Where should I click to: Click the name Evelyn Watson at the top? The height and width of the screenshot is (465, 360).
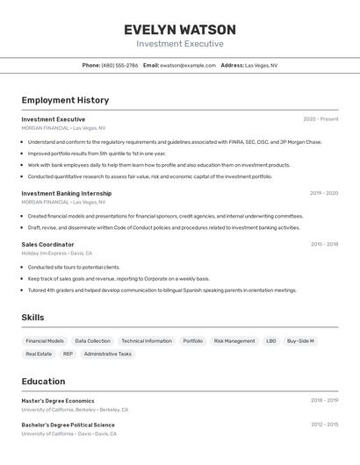tap(180, 30)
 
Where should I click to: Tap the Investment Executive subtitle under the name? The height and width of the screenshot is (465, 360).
tap(180, 44)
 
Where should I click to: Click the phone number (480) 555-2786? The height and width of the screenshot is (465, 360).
tap(119, 65)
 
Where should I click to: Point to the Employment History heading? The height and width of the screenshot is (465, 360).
tap(65, 100)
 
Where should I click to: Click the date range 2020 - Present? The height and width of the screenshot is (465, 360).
tap(320, 119)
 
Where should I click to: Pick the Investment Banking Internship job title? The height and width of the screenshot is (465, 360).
tap(67, 193)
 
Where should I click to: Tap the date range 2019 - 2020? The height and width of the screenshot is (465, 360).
tap(324, 193)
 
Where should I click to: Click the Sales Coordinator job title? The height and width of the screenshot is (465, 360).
tap(47, 245)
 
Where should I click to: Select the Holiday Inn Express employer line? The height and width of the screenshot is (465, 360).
tap(56, 253)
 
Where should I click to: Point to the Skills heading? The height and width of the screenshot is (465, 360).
tap(32, 318)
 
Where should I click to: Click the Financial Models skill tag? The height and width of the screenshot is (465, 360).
tap(45, 340)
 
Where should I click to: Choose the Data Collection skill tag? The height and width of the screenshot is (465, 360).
tap(93, 340)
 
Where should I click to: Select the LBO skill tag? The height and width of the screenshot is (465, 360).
tap(270, 340)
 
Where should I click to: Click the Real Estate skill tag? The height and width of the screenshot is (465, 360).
tap(39, 354)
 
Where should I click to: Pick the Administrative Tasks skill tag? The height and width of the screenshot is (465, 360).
tap(108, 354)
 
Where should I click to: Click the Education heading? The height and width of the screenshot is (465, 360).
tap(43, 382)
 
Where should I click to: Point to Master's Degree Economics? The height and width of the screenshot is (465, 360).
tap(58, 401)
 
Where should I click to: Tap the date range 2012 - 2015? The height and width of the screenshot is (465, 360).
tap(324, 425)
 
